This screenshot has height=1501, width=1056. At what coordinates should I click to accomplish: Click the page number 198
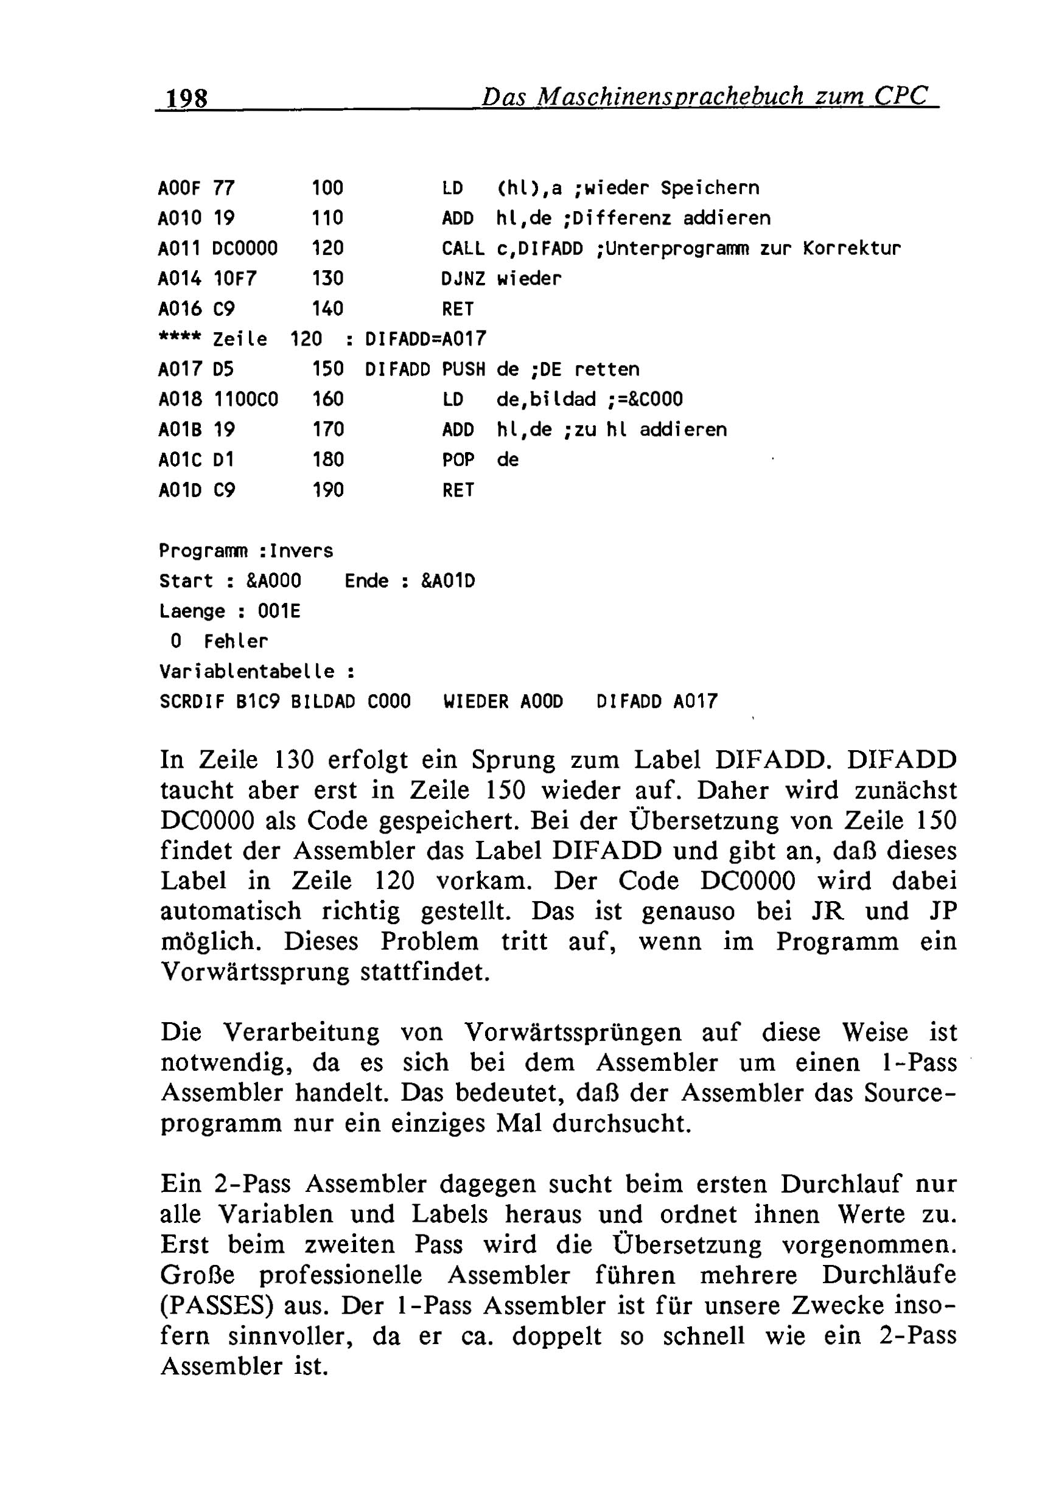[187, 98]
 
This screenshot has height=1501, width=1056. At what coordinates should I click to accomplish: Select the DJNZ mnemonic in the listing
[463, 279]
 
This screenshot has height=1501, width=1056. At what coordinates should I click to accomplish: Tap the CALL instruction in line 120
[463, 249]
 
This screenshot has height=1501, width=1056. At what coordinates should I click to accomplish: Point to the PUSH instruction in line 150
[463, 370]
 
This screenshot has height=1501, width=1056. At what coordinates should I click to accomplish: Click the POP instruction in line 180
[458, 460]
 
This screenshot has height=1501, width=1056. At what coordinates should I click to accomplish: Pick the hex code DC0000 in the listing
[245, 249]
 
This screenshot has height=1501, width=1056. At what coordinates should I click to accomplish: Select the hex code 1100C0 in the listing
[245, 400]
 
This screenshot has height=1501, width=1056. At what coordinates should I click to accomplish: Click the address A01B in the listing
[180, 430]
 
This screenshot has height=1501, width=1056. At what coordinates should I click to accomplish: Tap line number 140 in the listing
[327, 309]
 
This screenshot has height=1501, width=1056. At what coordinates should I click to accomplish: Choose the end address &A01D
[448, 581]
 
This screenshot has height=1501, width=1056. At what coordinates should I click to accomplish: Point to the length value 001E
[279, 612]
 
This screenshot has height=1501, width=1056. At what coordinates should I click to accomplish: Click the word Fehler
[236, 642]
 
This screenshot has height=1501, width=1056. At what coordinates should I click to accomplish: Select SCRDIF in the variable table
[192, 702]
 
